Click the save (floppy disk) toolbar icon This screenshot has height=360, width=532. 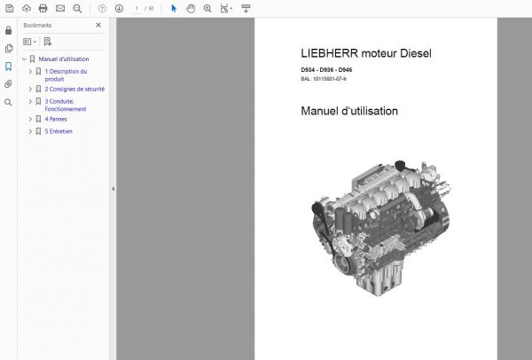click(x=8, y=8)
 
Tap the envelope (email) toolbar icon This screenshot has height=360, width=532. click(x=60, y=8)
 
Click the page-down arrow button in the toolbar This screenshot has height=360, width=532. click(x=119, y=8)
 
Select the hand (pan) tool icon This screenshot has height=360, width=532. click(x=191, y=8)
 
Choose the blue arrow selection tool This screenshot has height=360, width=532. click(x=174, y=8)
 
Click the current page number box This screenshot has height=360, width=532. click(x=137, y=8)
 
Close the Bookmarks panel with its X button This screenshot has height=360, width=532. click(x=99, y=26)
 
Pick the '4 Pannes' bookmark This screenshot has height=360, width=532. click(x=59, y=119)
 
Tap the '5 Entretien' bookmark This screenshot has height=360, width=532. click(x=59, y=131)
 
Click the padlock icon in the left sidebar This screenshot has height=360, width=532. click(x=8, y=30)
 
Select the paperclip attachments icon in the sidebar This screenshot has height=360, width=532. click(x=8, y=84)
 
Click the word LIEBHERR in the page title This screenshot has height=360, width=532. click(x=327, y=53)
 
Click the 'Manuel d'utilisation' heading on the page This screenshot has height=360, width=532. click(x=349, y=112)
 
